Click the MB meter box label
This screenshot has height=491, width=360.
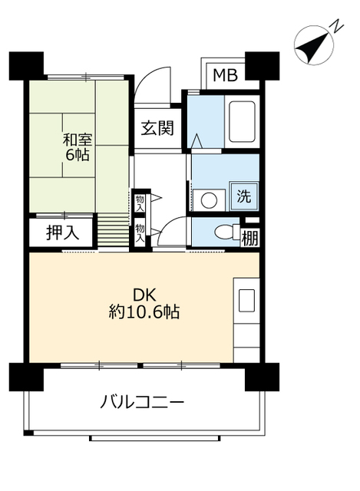(225, 74)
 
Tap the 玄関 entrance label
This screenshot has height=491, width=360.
(157, 128)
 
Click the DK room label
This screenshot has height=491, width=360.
(144, 295)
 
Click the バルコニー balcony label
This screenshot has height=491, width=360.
(142, 401)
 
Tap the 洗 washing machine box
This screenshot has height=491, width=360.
(243, 196)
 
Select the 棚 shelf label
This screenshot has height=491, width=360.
(249, 238)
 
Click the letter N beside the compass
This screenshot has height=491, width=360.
(335, 27)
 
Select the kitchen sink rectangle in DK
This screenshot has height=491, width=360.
(246, 301)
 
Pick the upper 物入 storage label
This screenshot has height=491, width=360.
(140, 203)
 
